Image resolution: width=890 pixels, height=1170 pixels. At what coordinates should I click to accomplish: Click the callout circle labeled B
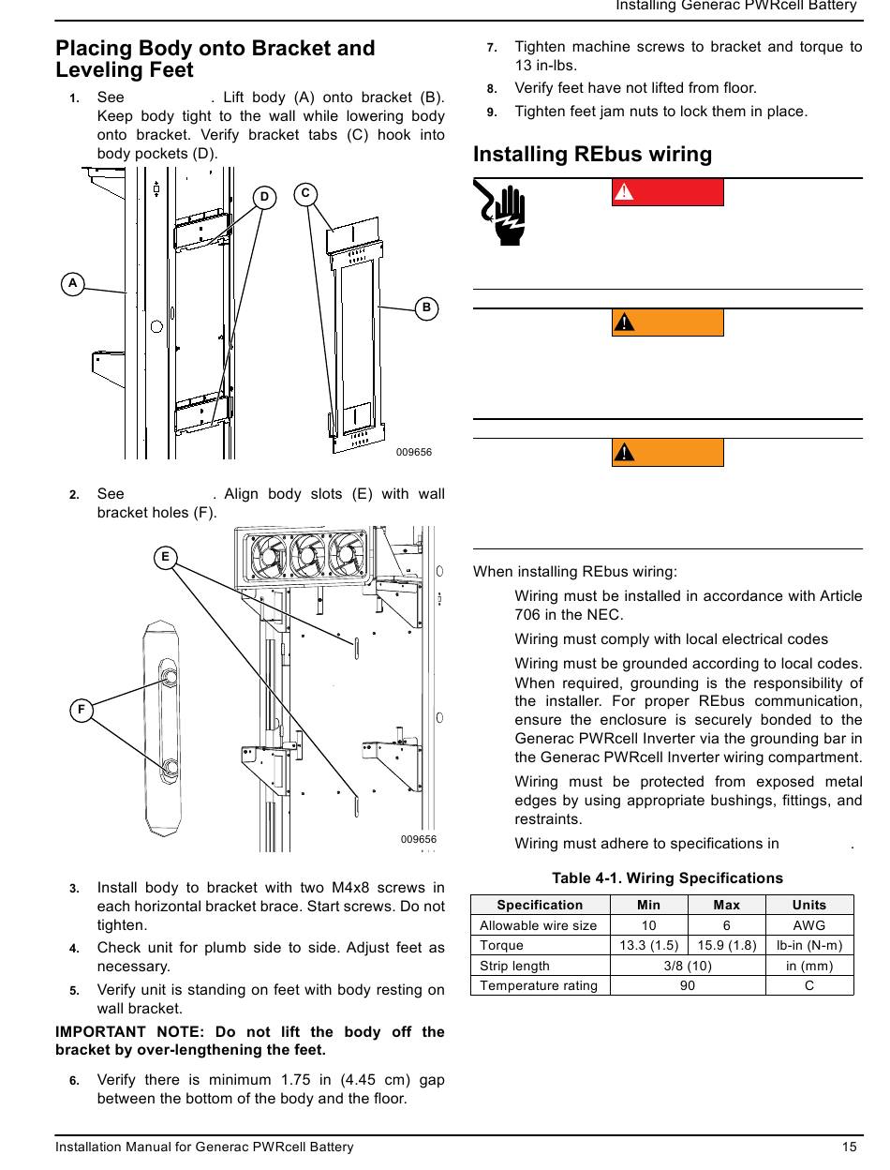[x=426, y=307]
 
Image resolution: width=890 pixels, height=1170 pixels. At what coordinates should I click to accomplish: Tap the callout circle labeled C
[x=305, y=194]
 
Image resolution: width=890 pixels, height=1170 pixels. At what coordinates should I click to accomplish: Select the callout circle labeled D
[x=265, y=197]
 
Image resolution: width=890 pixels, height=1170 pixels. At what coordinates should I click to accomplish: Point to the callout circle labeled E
[x=165, y=557]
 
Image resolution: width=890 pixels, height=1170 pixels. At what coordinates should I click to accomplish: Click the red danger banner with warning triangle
[x=667, y=191]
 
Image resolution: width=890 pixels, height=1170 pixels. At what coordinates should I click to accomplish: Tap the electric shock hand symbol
[x=504, y=214]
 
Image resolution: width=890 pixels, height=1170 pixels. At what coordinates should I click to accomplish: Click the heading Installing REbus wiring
[x=592, y=154]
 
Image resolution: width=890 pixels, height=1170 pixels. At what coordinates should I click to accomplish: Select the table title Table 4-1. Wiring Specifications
[x=667, y=878]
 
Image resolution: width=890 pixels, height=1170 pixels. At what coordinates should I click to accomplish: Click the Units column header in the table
[x=809, y=905]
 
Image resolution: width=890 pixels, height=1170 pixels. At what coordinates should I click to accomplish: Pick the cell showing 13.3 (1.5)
[x=649, y=945]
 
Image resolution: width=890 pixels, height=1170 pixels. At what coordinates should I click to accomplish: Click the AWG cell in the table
[x=809, y=925]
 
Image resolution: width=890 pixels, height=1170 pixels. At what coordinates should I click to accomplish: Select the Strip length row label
[x=514, y=966]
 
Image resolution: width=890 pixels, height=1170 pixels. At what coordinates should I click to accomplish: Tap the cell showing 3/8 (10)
[x=688, y=966]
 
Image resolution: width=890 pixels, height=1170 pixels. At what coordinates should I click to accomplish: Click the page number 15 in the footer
[x=849, y=1147]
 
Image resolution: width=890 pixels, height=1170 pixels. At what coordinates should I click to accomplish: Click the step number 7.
[x=492, y=47]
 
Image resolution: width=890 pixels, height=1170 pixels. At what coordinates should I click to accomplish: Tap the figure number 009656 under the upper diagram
[x=414, y=452]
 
